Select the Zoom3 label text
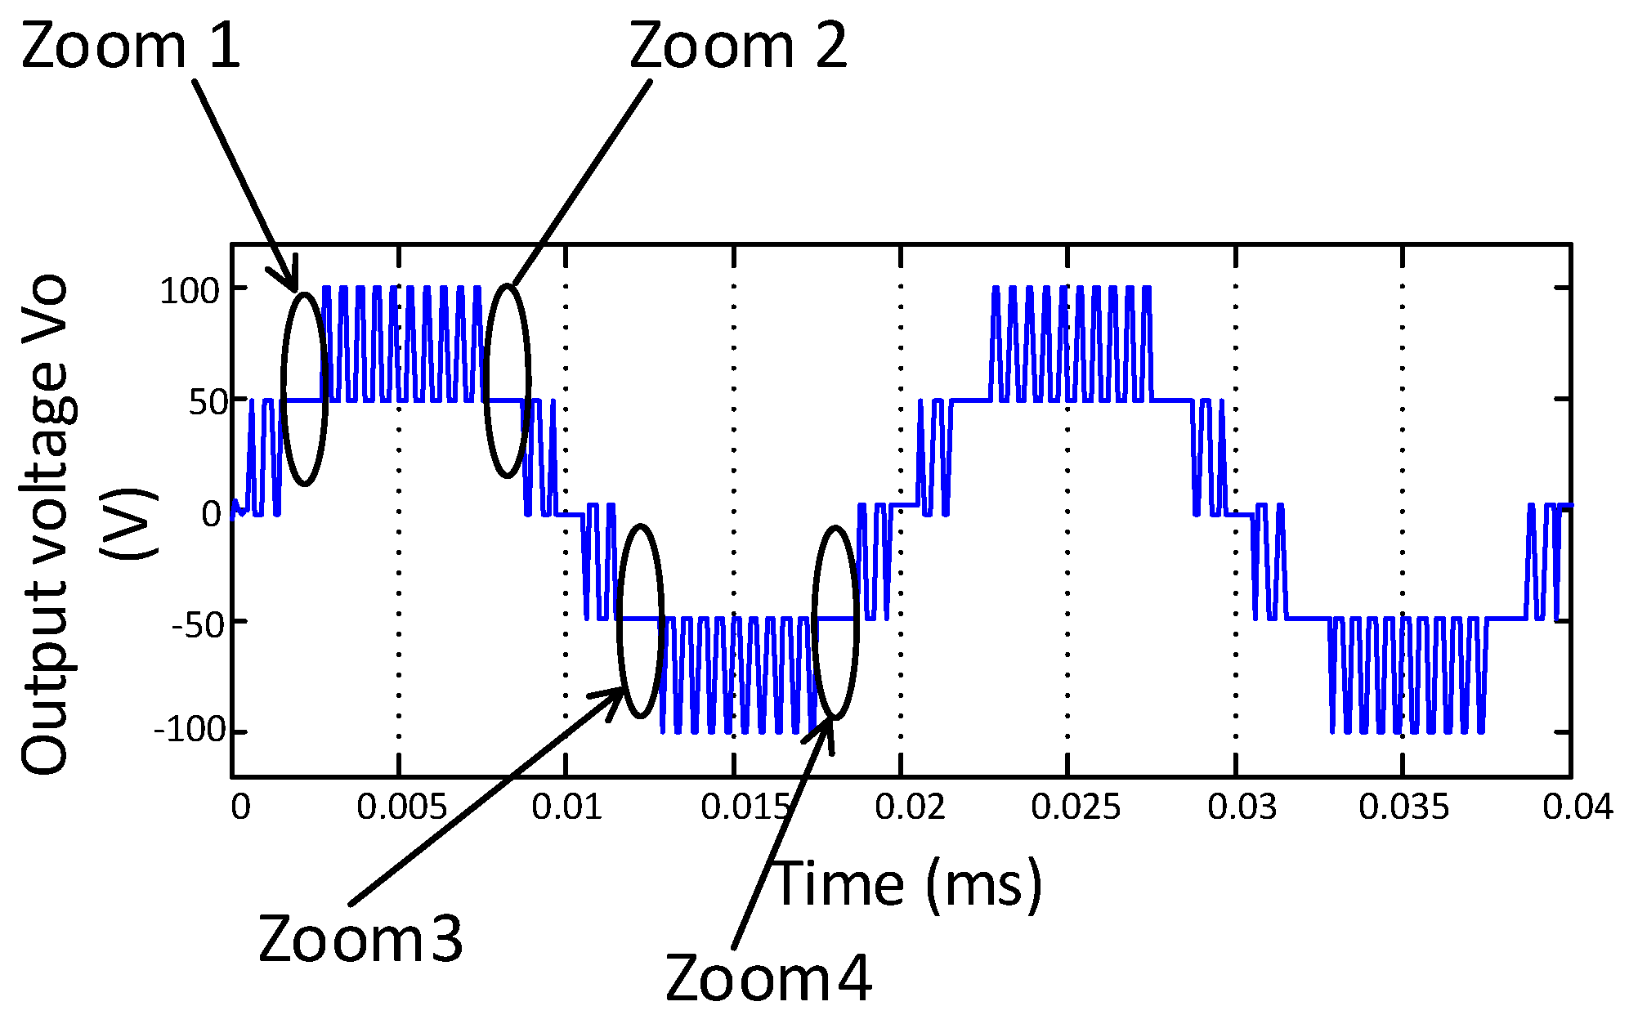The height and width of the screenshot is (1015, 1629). click(360, 939)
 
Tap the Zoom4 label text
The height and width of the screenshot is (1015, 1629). click(768, 978)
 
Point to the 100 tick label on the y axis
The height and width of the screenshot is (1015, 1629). click(190, 291)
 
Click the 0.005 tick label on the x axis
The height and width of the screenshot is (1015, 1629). click(401, 807)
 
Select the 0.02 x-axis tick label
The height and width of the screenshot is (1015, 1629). click(909, 807)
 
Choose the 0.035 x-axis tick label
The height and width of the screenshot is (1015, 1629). click(1403, 807)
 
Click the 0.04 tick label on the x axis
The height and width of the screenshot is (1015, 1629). click(1577, 807)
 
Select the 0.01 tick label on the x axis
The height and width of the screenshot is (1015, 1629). click(566, 807)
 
